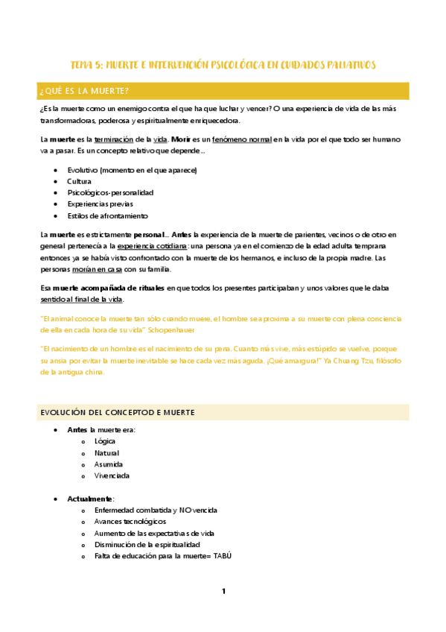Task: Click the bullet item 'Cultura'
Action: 80,181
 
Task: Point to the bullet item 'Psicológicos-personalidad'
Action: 110,192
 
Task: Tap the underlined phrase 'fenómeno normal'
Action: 242,139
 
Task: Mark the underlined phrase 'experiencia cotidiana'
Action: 152,246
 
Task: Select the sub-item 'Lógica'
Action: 105,441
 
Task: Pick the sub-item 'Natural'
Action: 106,452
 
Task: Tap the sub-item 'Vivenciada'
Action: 112,475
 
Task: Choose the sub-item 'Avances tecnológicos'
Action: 130,522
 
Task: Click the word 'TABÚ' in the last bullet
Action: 222,556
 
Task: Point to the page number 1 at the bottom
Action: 223,591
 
